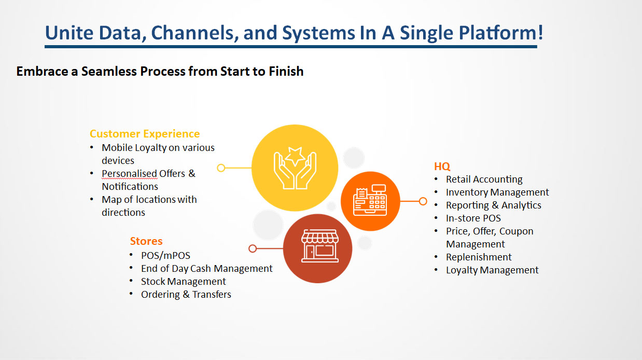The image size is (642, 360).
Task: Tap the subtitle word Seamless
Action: point(110,71)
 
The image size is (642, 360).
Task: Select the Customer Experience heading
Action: point(145,134)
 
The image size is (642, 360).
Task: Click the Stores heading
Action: point(146,241)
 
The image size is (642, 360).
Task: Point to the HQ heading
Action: point(442,167)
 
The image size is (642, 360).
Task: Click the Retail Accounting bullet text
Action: point(484,179)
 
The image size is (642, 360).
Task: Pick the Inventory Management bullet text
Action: point(497,192)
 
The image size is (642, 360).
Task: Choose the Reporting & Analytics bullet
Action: point(493,205)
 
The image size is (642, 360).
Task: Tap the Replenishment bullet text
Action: point(479,257)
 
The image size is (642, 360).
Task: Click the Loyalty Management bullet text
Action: point(492,270)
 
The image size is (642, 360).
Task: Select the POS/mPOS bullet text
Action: point(165,256)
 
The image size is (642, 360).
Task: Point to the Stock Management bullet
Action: point(183,282)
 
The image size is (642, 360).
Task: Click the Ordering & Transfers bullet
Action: point(186,295)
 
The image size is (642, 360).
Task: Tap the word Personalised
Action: point(129,173)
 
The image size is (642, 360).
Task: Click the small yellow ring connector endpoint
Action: point(221,168)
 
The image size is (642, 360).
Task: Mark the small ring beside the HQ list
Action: point(423,201)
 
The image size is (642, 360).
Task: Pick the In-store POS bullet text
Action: point(473,218)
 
